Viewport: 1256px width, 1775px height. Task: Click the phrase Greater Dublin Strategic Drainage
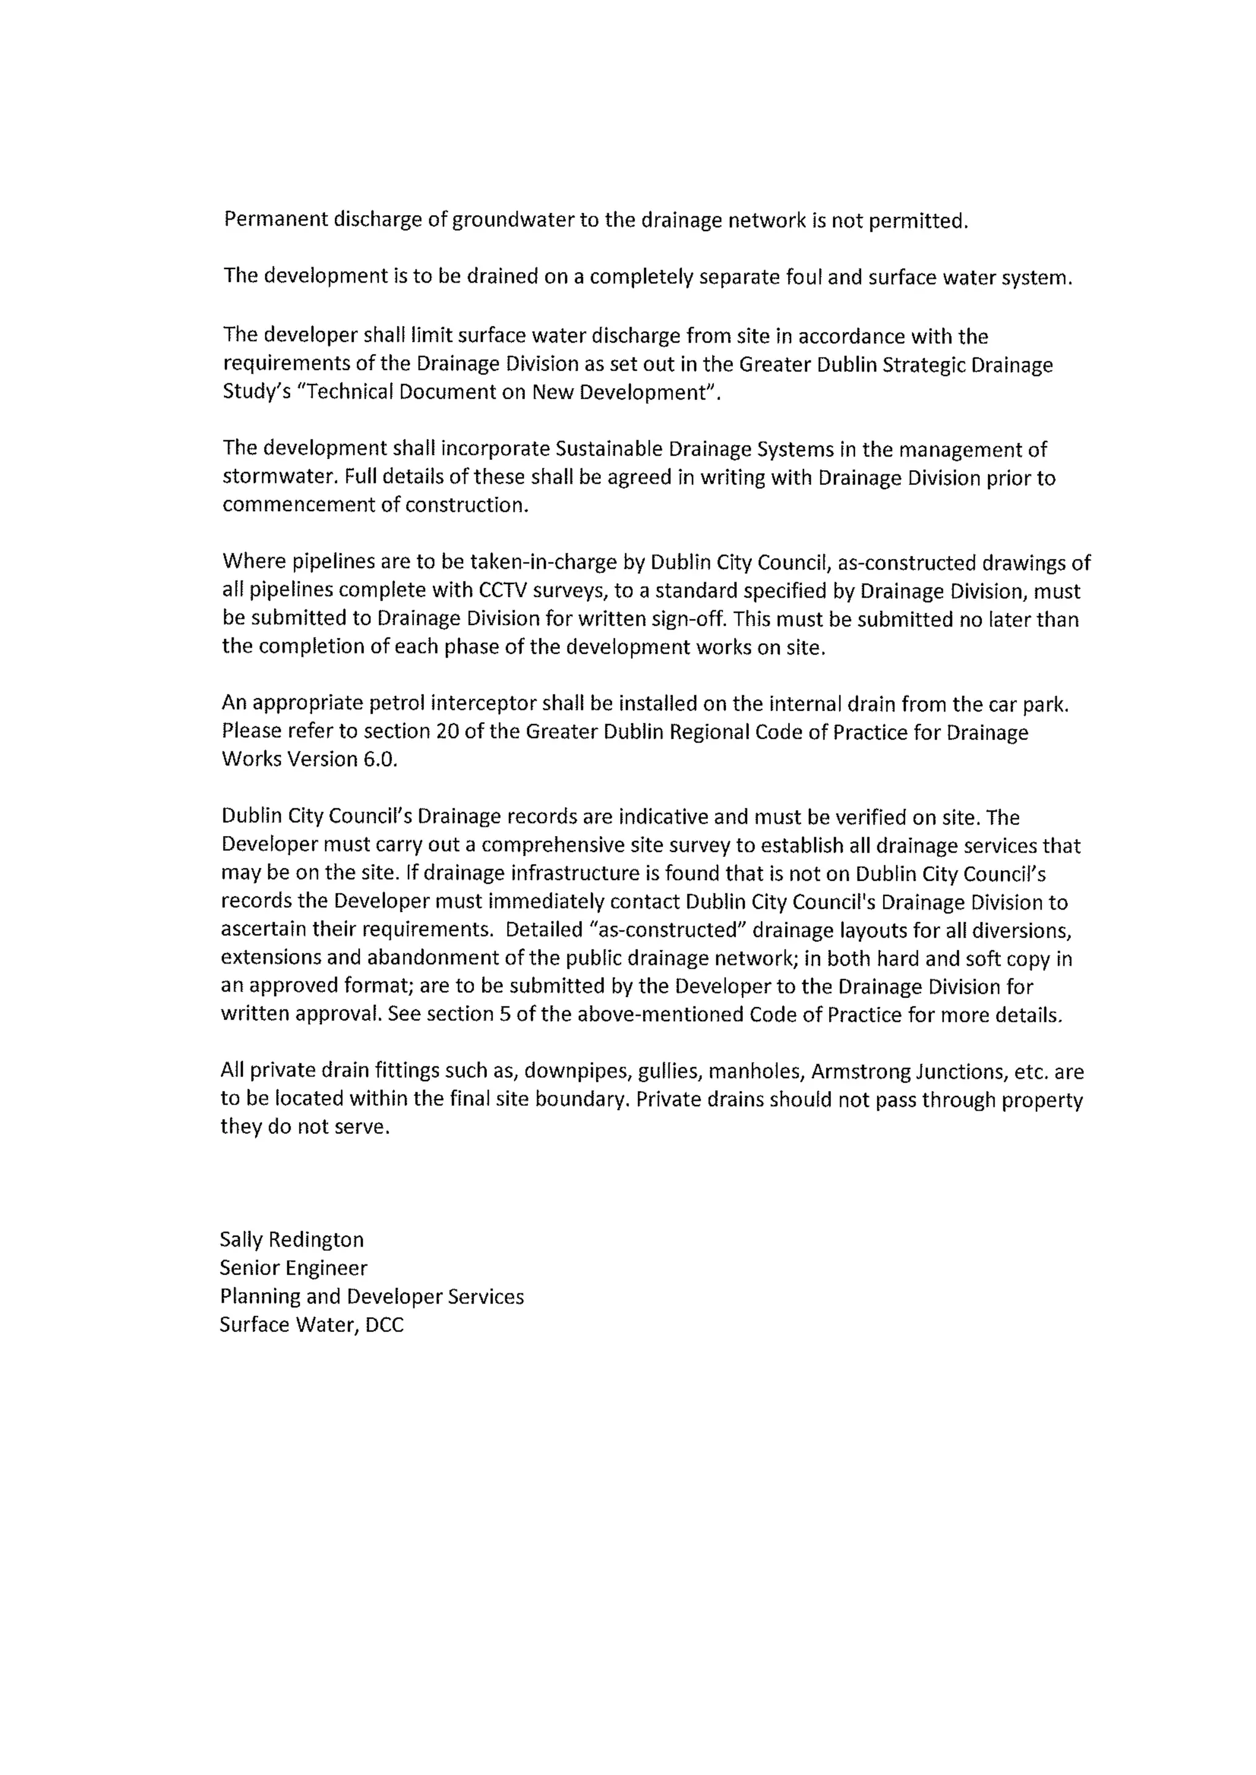pyautogui.click(x=895, y=364)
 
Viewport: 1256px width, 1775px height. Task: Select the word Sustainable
pyautogui.click(x=608, y=449)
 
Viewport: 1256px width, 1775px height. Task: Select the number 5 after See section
pyautogui.click(x=504, y=1014)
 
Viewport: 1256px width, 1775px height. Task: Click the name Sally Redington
pyautogui.click(x=291, y=1240)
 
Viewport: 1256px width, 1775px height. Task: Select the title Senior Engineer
pyautogui.click(x=293, y=1268)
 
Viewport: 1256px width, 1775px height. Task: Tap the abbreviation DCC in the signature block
pyautogui.click(x=385, y=1325)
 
